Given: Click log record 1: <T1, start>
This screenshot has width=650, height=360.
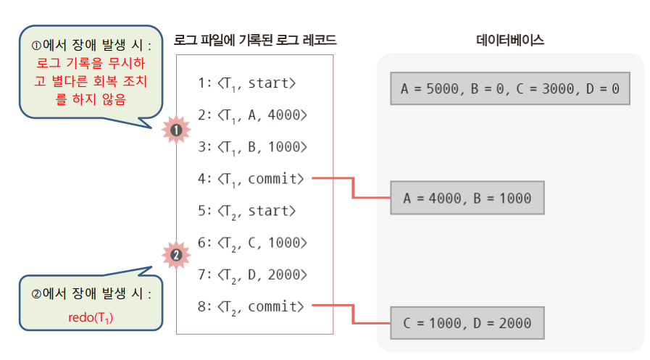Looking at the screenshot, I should point(246,83).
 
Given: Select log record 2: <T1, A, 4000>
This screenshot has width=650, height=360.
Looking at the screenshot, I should point(252,114).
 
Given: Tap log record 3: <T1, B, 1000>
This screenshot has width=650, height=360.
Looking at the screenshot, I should point(252,146).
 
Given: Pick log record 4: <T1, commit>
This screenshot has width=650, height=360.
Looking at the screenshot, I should point(251,178).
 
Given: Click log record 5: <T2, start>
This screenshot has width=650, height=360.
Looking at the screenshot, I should point(246,211).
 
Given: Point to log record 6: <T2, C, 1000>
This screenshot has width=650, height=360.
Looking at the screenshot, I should point(252,243).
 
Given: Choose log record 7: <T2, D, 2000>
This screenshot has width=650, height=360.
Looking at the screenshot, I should point(252,275).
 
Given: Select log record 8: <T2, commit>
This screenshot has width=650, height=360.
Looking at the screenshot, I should point(251,306).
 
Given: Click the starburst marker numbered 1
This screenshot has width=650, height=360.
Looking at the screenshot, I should point(175,130).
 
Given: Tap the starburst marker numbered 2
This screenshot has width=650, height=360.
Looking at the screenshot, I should point(175,255).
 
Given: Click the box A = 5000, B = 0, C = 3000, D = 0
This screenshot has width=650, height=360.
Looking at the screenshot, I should point(509,88).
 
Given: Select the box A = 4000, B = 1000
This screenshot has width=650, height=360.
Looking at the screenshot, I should point(467,198).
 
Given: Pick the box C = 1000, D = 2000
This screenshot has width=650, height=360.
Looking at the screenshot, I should point(467,323).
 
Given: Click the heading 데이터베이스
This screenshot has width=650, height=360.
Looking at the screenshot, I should point(510,41).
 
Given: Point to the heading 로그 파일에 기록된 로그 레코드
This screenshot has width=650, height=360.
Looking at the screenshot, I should point(255,41).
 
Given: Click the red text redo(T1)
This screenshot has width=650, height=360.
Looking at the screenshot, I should point(90,319).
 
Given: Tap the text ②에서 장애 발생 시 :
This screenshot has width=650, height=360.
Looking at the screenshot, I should point(91,295).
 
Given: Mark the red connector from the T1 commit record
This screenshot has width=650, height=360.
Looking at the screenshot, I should point(352,187).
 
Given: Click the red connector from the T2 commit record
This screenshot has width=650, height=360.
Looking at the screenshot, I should point(352,314).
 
